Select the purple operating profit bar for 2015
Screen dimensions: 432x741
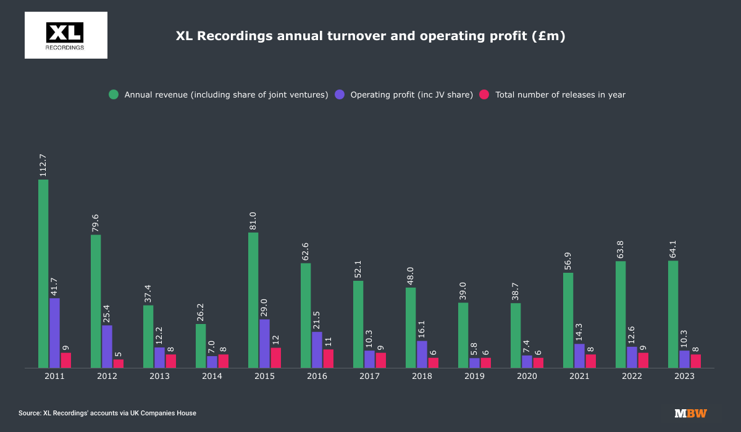pos(264,343)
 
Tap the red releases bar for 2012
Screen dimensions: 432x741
pos(118,363)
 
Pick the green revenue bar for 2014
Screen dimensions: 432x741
pos(201,346)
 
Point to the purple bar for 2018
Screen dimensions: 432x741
pos(422,354)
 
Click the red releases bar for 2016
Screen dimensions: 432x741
pos(328,359)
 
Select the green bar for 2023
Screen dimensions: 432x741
pos(673,314)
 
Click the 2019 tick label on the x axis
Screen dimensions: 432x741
pos(474,376)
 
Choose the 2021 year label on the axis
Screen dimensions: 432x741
pos(579,376)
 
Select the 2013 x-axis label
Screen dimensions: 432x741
pos(159,376)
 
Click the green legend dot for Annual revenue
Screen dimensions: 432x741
pos(114,94)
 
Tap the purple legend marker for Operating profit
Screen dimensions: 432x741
pos(340,94)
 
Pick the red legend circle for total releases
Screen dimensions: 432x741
pos(485,94)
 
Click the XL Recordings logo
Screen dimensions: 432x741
pos(65,35)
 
